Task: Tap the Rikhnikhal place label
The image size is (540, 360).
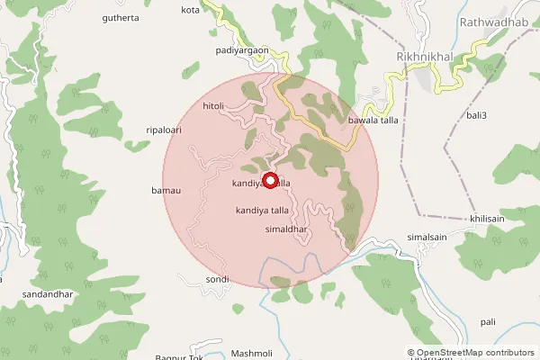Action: (x=424, y=57)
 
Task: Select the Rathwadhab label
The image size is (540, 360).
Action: (x=493, y=21)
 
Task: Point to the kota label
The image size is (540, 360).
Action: (x=190, y=10)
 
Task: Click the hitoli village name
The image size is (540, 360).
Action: (x=213, y=105)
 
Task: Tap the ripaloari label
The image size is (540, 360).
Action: (x=164, y=130)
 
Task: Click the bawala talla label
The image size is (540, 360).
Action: (x=373, y=120)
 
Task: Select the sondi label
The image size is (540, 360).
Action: (x=217, y=280)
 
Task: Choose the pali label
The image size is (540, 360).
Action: (x=488, y=321)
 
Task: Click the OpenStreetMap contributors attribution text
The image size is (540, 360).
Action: (x=476, y=352)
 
